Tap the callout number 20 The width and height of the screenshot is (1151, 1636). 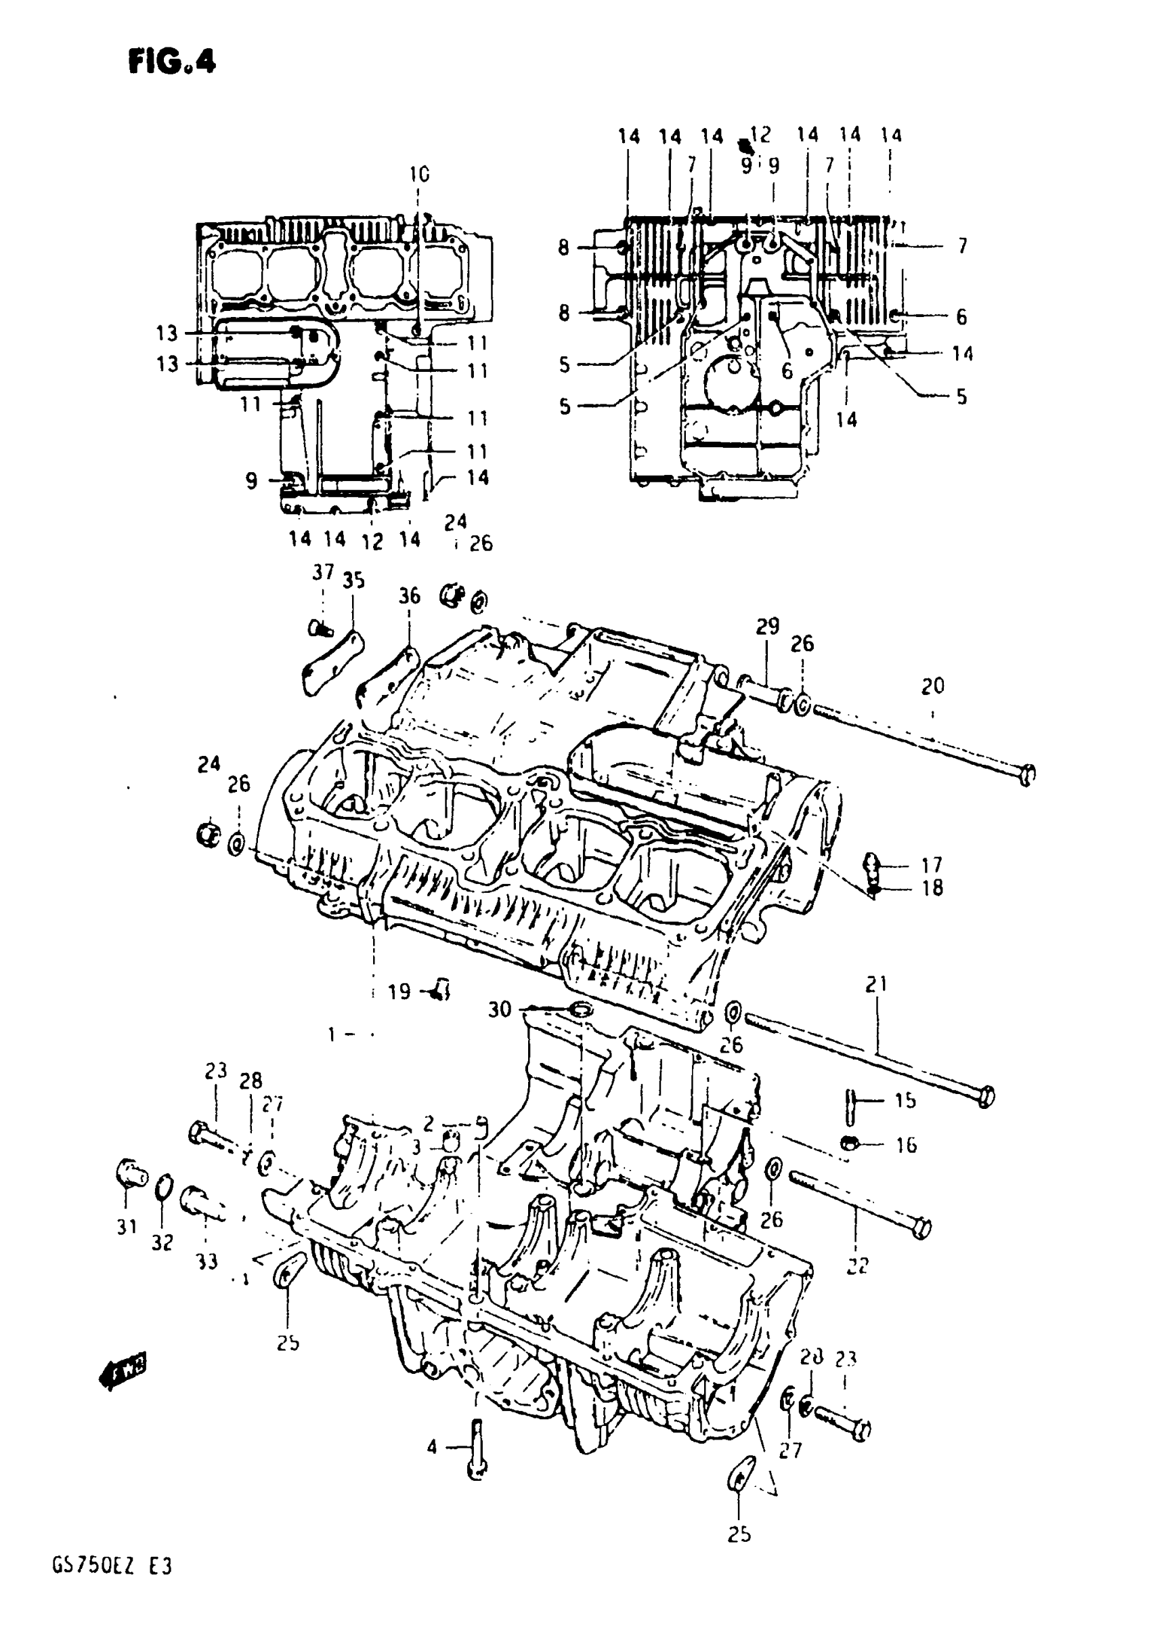tap(932, 686)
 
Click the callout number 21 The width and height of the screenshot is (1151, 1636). tap(877, 984)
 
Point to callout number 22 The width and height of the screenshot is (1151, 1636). tap(858, 1265)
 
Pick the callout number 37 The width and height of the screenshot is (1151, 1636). tap(324, 572)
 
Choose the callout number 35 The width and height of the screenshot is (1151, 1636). tap(353, 580)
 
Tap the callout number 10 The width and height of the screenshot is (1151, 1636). tap(420, 174)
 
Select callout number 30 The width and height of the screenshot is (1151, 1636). tap(499, 1009)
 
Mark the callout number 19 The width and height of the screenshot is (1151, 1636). tap(399, 991)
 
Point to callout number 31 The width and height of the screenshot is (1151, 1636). tap(126, 1227)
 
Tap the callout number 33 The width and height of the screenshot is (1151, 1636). tap(207, 1261)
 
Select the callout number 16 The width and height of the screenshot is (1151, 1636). tap(905, 1145)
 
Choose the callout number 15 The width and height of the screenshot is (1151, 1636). tap(905, 1100)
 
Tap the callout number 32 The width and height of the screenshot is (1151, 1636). tap(162, 1242)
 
